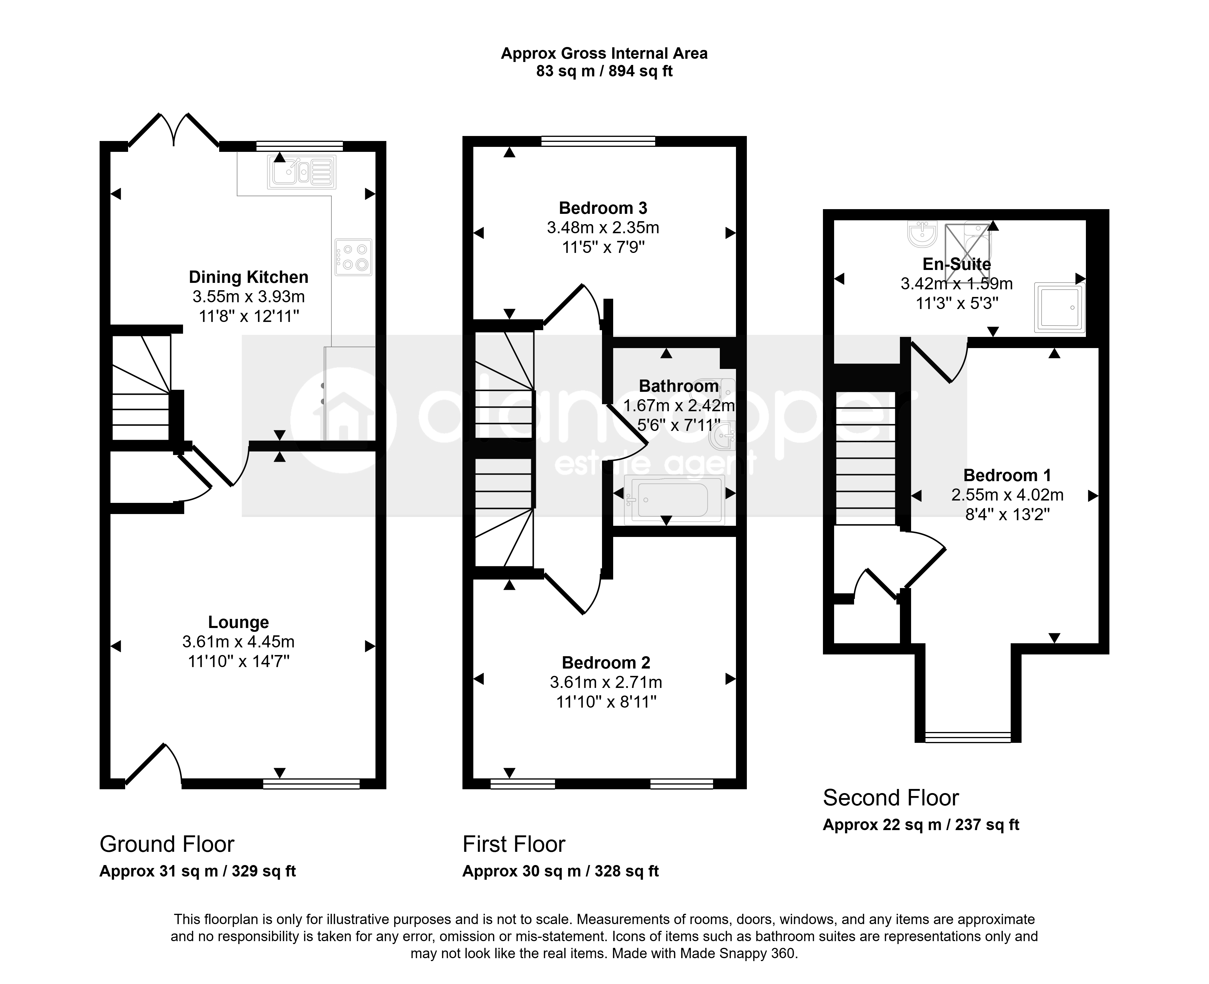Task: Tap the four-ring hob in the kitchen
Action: [353, 257]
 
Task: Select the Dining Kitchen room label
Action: [249, 277]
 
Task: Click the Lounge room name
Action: [239, 622]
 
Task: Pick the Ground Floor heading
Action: [167, 844]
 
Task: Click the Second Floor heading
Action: [891, 798]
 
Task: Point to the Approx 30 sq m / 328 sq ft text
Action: [561, 871]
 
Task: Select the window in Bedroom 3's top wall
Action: [598, 141]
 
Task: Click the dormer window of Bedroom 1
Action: [968, 737]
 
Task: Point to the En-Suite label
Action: [957, 264]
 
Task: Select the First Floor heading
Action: [514, 844]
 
